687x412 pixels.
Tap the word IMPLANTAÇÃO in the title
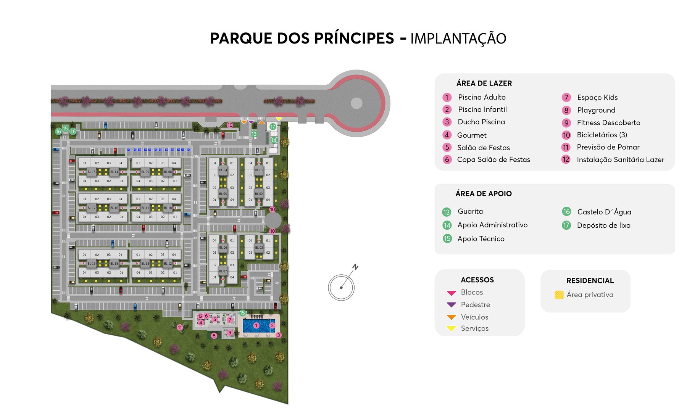pyautogui.click(x=458, y=39)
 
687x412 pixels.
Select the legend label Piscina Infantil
pyautogui.click(x=482, y=109)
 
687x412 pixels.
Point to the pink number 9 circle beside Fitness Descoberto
pyautogui.click(x=566, y=123)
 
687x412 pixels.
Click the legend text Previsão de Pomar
pyautogui.click(x=608, y=147)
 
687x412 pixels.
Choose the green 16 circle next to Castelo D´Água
pyautogui.click(x=566, y=212)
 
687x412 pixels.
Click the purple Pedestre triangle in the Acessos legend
pyautogui.click(x=452, y=305)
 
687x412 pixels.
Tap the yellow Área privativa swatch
pyautogui.click(x=559, y=295)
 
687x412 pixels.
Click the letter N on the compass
pyautogui.click(x=355, y=267)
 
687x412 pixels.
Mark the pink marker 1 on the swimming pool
pyautogui.click(x=256, y=325)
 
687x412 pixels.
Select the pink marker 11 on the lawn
pyautogui.click(x=180, y=327)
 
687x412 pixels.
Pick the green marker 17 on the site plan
pyautogui.click(x=273, y=127)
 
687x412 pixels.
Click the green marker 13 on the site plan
pyautogui.click(x=254, y=134)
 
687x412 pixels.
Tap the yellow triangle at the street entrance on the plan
pyautogui.click(x=279, y=119)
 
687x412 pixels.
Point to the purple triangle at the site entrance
pyautogui.click(x=251, y=122)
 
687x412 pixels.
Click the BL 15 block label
pyautogui.click(x=92, y=172)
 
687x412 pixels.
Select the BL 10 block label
pyautogui.click(x=168, y=208)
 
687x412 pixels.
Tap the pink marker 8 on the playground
pyautogui.click(x=214, y=336)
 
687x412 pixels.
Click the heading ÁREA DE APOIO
pyautogui.click(x=484, y=194)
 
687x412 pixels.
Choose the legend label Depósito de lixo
pyautogui.click(x=603, y=225)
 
